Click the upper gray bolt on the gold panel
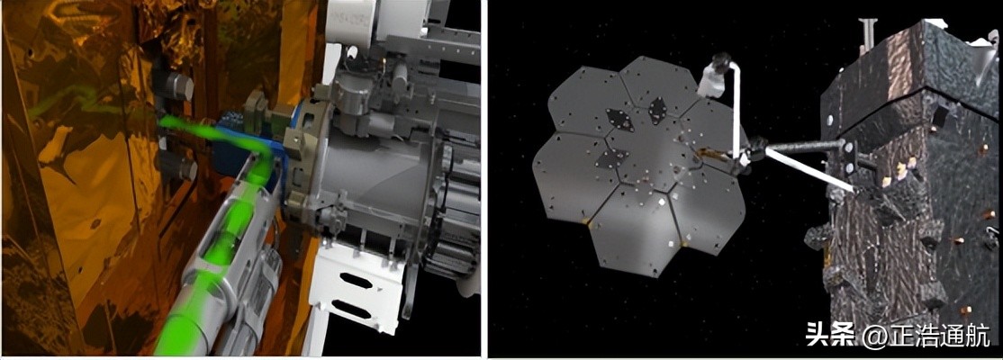(x=178, y=86)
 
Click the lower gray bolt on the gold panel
(x=180, y=168)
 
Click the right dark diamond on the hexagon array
(x=657, y=110)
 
